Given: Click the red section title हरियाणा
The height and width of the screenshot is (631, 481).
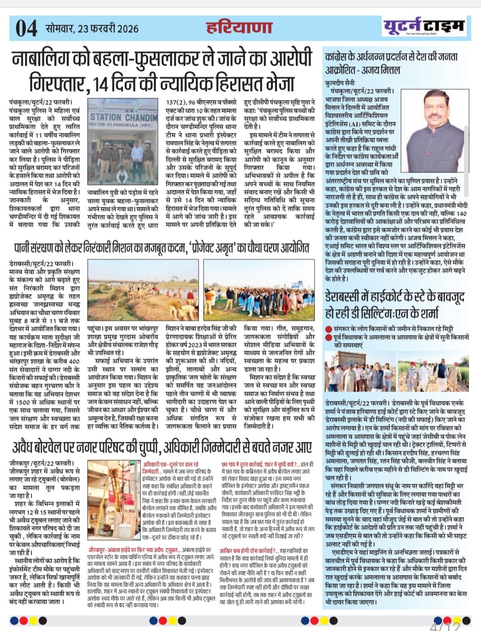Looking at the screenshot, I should pos(239,28).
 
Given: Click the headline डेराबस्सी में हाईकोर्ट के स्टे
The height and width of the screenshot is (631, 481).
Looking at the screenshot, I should pos(395,304).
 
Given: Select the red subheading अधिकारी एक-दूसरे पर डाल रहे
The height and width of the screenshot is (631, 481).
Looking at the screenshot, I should pos(171,465).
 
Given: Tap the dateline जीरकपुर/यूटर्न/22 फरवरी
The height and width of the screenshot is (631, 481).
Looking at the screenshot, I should pos(42,463).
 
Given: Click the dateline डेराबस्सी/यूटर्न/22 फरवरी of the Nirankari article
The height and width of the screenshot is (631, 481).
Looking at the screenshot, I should pos(41,263).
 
